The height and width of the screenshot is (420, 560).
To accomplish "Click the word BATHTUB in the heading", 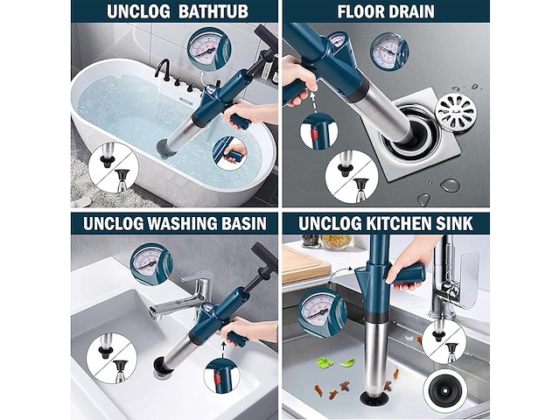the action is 213,11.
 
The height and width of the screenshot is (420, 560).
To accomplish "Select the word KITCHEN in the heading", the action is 395,224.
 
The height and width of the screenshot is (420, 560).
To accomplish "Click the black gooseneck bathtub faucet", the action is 164,67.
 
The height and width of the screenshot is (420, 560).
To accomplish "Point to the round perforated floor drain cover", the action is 457,111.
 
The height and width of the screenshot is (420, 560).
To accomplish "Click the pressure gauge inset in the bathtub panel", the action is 209,49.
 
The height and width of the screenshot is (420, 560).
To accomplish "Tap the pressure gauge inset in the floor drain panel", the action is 388,51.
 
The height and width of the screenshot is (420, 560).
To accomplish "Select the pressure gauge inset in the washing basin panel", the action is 151,264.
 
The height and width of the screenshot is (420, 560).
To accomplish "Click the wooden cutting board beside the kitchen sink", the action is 305,262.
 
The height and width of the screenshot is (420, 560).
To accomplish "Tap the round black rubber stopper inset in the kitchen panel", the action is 445,391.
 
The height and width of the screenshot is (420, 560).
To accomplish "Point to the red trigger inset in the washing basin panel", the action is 216,379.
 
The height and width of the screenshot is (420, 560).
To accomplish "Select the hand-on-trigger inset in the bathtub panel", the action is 229,153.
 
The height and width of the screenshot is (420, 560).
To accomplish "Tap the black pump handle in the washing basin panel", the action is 264,259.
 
